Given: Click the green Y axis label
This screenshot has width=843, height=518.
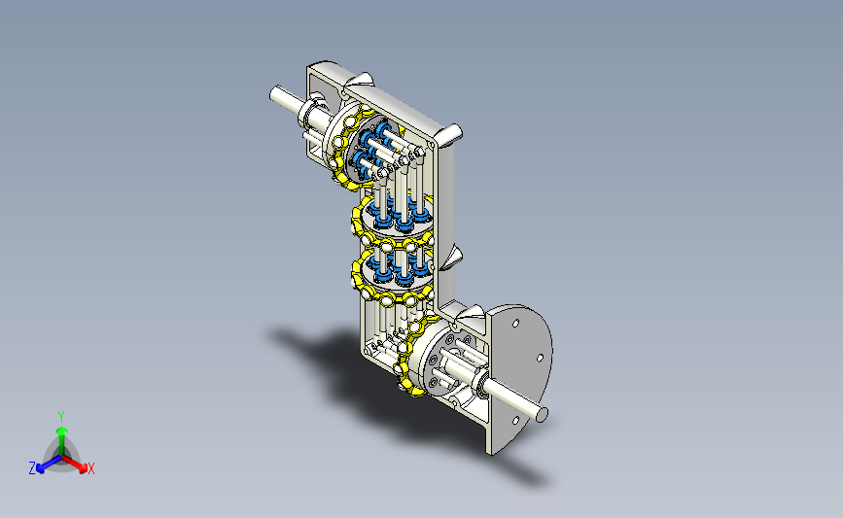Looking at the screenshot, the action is tap(60, 417).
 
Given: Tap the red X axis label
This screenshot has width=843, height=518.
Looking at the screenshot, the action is tap(90, 468).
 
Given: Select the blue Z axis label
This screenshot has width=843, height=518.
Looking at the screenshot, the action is tap(32, 468).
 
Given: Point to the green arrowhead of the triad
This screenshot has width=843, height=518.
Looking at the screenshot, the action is tap(62, 431).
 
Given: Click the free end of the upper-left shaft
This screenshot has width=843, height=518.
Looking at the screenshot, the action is tap(274, 94).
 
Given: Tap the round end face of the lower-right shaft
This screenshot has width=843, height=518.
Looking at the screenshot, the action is tap(542, 414).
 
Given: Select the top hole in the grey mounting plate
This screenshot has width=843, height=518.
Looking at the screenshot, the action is tap(515, 324).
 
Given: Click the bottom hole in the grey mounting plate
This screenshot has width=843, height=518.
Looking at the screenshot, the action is tap(515, 421).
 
